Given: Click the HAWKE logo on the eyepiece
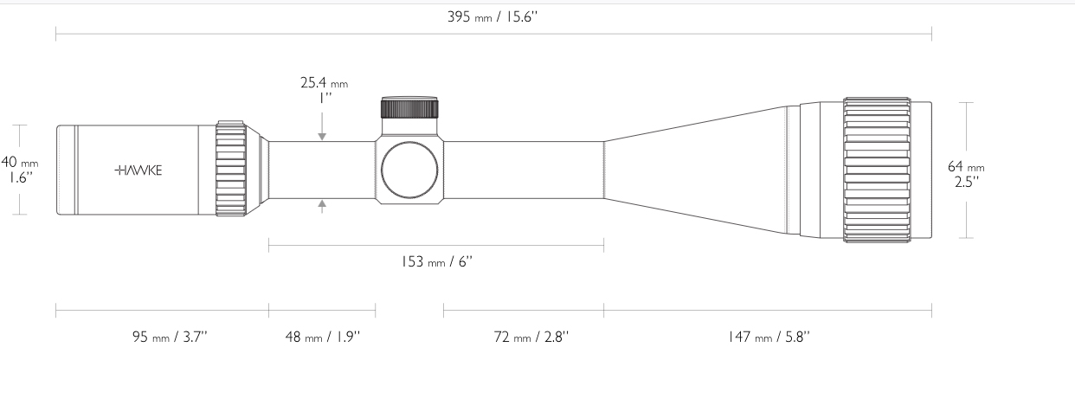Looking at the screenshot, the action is coord(138,170).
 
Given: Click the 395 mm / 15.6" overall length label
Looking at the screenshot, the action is coord(492,17).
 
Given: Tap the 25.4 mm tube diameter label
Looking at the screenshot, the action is coord(324,83).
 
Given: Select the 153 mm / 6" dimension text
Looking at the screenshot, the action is coord(437,262).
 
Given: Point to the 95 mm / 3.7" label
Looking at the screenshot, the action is coord(170,337).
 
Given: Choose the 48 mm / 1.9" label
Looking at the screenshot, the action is coord(323,337).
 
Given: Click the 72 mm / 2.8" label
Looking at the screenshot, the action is coord(531,337).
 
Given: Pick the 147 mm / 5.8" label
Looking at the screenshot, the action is coord(769,337).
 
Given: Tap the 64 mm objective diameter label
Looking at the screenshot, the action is coord(966,166).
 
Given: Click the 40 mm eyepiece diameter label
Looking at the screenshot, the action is coord(20,162).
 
